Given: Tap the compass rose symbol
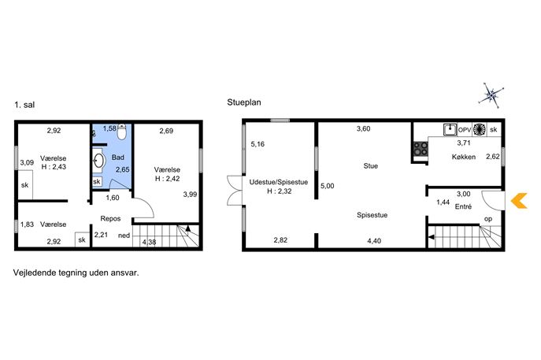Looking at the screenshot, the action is pos(491,95).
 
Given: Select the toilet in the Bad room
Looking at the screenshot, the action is pos(122,132).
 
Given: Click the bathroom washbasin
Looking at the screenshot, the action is pos(98,161).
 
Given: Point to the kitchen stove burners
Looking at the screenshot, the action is pos(421,149).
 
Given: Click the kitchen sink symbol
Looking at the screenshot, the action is pos(450,129).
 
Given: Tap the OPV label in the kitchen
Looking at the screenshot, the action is pos(465,130).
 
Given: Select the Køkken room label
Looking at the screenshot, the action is pos(464,157).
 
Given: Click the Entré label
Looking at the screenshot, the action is pos(463,206).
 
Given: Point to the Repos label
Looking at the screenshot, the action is pos(110,218).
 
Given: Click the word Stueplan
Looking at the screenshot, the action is pos(244,102).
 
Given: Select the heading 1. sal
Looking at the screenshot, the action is pos(24,105).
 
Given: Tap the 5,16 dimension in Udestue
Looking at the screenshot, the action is pos(258,144).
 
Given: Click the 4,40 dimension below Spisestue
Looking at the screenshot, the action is pos(374,241).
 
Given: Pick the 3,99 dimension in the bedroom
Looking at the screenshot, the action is pos(190,195).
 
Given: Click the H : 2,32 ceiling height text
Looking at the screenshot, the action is pos(279,191).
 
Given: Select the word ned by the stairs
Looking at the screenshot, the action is pos(124,236).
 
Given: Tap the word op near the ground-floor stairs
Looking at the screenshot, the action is pos(488,219).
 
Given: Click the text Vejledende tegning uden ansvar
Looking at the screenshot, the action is pos(76,273).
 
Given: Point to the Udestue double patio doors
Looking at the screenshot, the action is pos(235,191).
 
